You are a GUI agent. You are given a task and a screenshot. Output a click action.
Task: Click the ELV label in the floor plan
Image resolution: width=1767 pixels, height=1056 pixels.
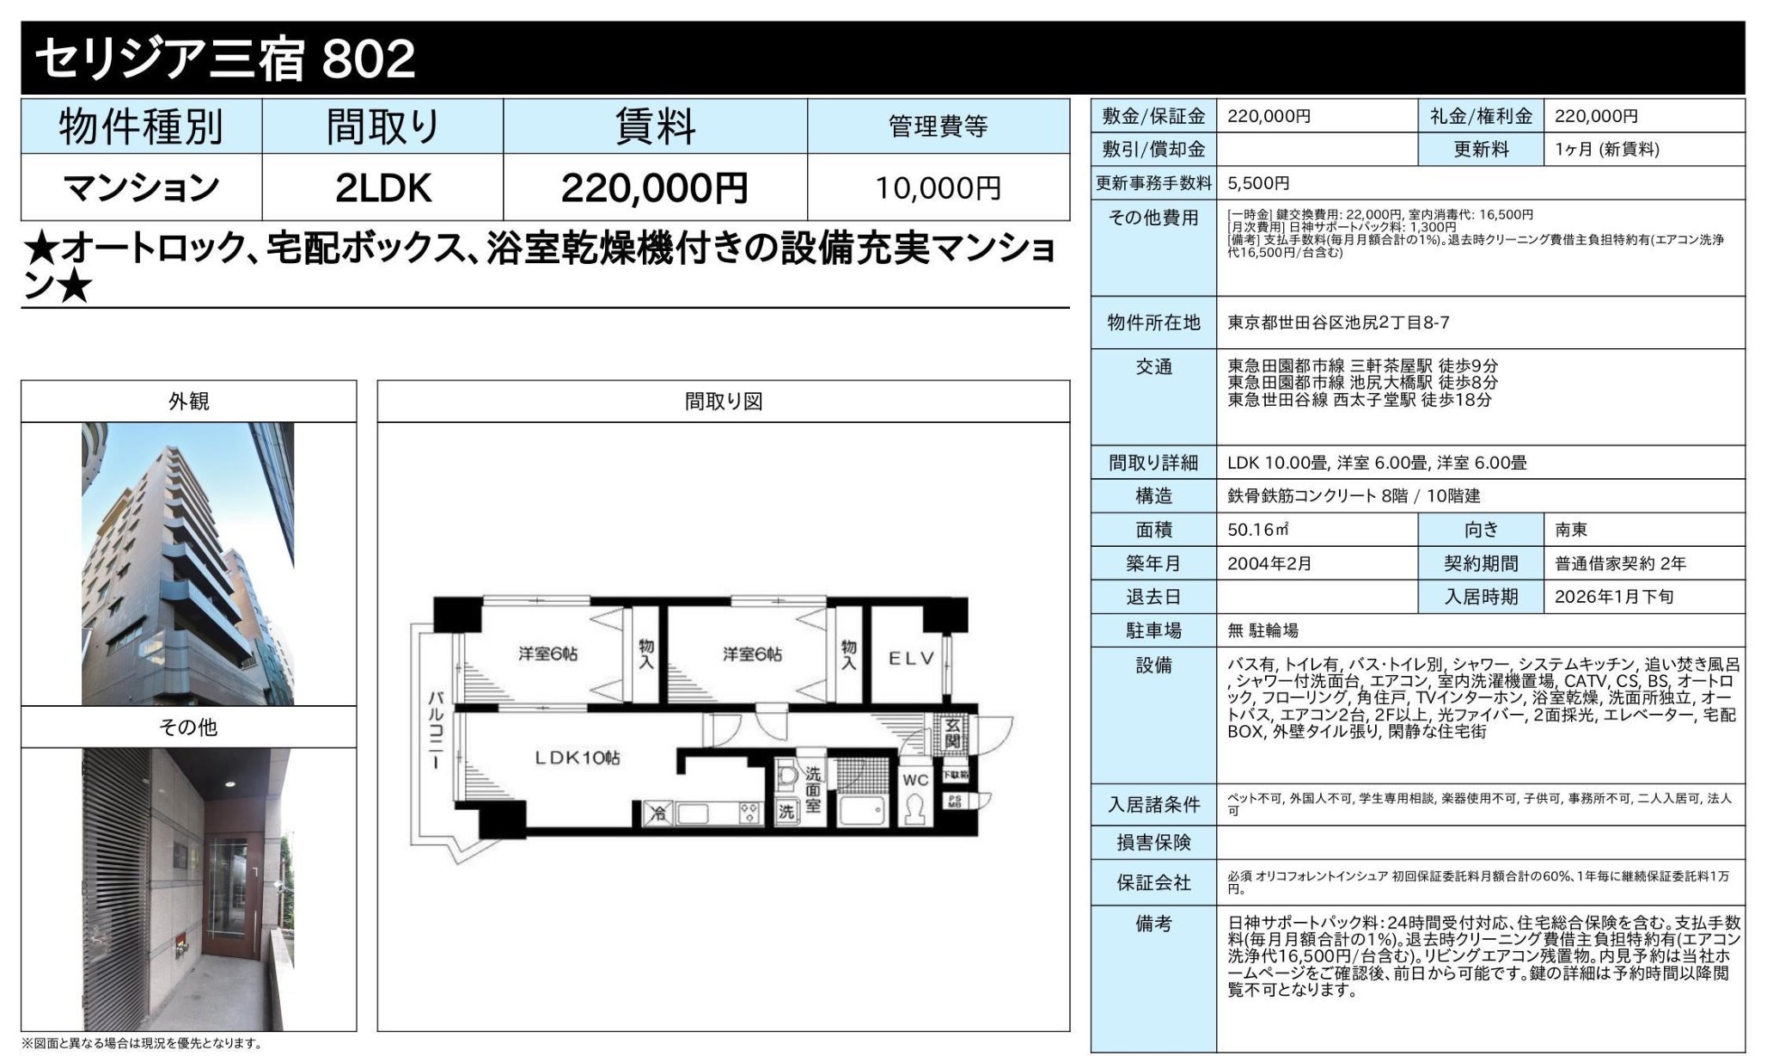pos(910,659)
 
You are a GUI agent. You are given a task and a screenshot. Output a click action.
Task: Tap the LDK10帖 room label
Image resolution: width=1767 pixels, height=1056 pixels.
pos(577,758)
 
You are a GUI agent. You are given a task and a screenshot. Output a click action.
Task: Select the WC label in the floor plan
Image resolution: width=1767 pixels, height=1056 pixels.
pos(915,780)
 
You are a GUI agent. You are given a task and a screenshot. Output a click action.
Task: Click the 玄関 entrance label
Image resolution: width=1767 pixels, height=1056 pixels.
pos(952,734)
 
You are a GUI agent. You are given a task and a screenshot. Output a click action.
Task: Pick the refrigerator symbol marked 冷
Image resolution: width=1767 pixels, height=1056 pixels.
pos(657,813)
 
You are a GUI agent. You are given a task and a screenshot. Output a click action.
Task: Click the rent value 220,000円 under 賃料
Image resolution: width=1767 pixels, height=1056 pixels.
pos(654,187)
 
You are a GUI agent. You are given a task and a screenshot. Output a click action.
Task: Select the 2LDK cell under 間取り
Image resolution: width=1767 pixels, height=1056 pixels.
pos(382,187)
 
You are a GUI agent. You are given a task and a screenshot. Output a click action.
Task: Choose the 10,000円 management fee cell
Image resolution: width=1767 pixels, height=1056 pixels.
pos(938,187)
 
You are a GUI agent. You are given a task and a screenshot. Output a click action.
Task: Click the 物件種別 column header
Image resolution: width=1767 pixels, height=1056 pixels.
pos(141,127)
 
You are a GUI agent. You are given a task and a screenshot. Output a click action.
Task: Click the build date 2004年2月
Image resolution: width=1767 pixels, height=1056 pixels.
pos(1269,563)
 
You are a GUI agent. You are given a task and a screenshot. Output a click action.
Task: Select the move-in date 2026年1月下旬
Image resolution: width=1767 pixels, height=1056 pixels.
pos(1613,597)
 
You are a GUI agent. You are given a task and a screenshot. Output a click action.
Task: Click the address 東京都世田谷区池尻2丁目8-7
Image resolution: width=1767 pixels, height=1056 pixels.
pos(1337,322)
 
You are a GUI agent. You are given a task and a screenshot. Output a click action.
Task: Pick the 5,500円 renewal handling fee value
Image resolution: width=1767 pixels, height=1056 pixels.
pos(1257,182)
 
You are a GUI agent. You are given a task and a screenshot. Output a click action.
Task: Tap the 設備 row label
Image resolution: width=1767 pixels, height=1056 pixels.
pos(1153,666)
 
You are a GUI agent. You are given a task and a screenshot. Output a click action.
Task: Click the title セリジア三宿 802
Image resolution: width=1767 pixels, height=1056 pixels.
pos(225,58)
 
